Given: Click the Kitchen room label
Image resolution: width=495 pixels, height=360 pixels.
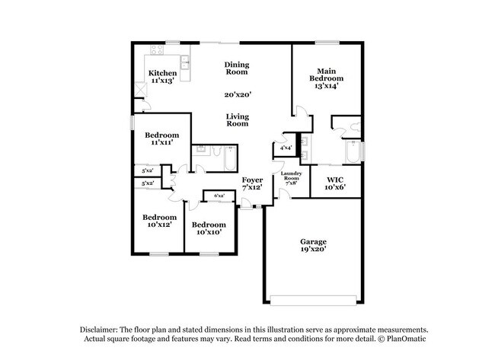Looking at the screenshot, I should point(163,73).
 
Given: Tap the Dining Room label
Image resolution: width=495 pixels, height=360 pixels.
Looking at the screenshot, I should point(237,68).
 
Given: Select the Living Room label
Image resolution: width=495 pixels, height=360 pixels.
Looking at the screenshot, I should point(238,119).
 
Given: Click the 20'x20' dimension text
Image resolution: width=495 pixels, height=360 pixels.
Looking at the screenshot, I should point(238,95).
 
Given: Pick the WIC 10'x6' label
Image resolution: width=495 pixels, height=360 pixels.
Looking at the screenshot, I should point(335,184).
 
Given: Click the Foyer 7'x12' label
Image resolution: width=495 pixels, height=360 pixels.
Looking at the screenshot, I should point(252,183).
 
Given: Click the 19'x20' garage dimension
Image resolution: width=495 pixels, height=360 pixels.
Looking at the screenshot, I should point(314,250).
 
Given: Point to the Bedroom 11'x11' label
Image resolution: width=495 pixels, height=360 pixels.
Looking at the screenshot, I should point(161,139).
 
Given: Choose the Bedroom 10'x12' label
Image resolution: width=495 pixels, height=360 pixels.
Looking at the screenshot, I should point(160,221).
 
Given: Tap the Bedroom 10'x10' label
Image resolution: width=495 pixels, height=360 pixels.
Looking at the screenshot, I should point(208,228).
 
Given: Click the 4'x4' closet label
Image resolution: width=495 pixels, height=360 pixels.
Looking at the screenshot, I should point(286,148).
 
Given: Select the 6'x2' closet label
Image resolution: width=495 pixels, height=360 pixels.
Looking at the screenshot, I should point(219,196).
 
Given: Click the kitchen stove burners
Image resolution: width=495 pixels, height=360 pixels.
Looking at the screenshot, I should point(158,51).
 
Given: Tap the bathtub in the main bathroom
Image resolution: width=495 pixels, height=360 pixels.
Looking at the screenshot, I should point(353,152).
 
